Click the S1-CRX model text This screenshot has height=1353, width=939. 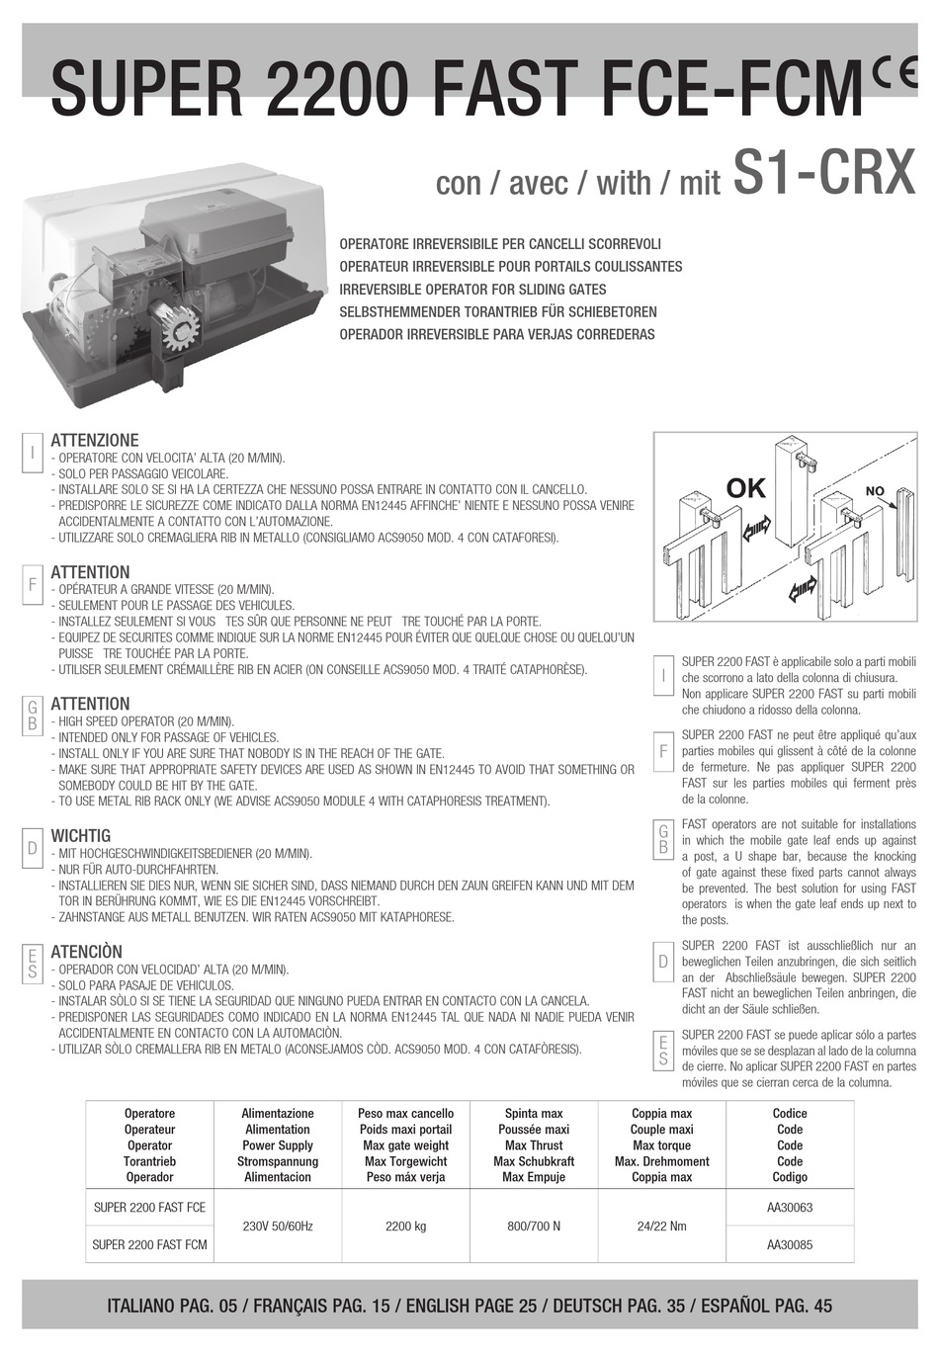(825, 174)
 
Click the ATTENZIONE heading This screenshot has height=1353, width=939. (95, 441)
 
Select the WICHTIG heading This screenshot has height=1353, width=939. (80, 836)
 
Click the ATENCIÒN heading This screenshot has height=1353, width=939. (87, 952)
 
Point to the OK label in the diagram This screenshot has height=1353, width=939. (746, 488)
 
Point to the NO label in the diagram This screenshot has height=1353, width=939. (875, 491)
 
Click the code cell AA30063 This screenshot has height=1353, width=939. (789, 1208)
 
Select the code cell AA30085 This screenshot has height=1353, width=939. (789, 1245)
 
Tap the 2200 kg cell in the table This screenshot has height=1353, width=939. (405, 1226)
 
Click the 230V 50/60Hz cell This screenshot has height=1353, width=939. (278, 1226)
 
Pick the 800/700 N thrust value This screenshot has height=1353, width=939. (533, 1226)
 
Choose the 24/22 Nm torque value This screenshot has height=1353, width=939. (661, 1226)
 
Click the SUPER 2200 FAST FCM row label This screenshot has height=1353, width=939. (149, 1245)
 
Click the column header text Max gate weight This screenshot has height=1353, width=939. (405, 1145)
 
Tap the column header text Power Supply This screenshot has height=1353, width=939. (278, 1145)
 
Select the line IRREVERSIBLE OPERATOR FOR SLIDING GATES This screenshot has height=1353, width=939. (472, 290)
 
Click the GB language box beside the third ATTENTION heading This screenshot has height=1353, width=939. (33, 715)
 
